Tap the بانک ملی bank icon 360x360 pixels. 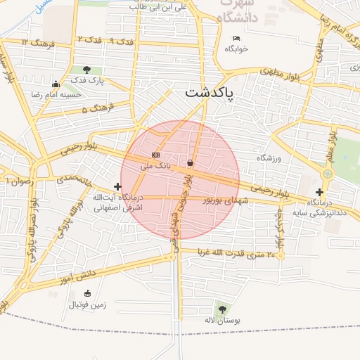click(155, 155)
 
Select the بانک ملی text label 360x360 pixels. click(155, 167)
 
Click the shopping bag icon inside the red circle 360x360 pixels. click(191, 163)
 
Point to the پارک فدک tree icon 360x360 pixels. click(86, 70)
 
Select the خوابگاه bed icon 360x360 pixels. click(236, 38)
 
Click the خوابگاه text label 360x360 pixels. click(236, 49)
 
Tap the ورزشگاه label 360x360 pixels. click(269, 158)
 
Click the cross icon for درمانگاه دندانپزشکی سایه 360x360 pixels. click(320, 192)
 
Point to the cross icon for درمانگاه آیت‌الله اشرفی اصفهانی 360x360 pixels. click(117, 186)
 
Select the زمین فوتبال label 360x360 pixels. click(87, 305)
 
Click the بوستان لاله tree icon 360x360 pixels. click(223, 309)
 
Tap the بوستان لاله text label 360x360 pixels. click(223, 321)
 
